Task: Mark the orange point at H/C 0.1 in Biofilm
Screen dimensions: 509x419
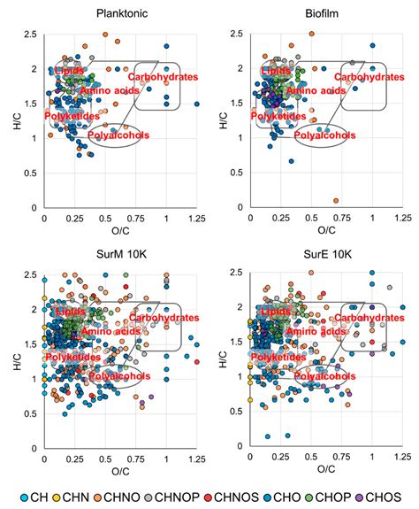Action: click(336, 201)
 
